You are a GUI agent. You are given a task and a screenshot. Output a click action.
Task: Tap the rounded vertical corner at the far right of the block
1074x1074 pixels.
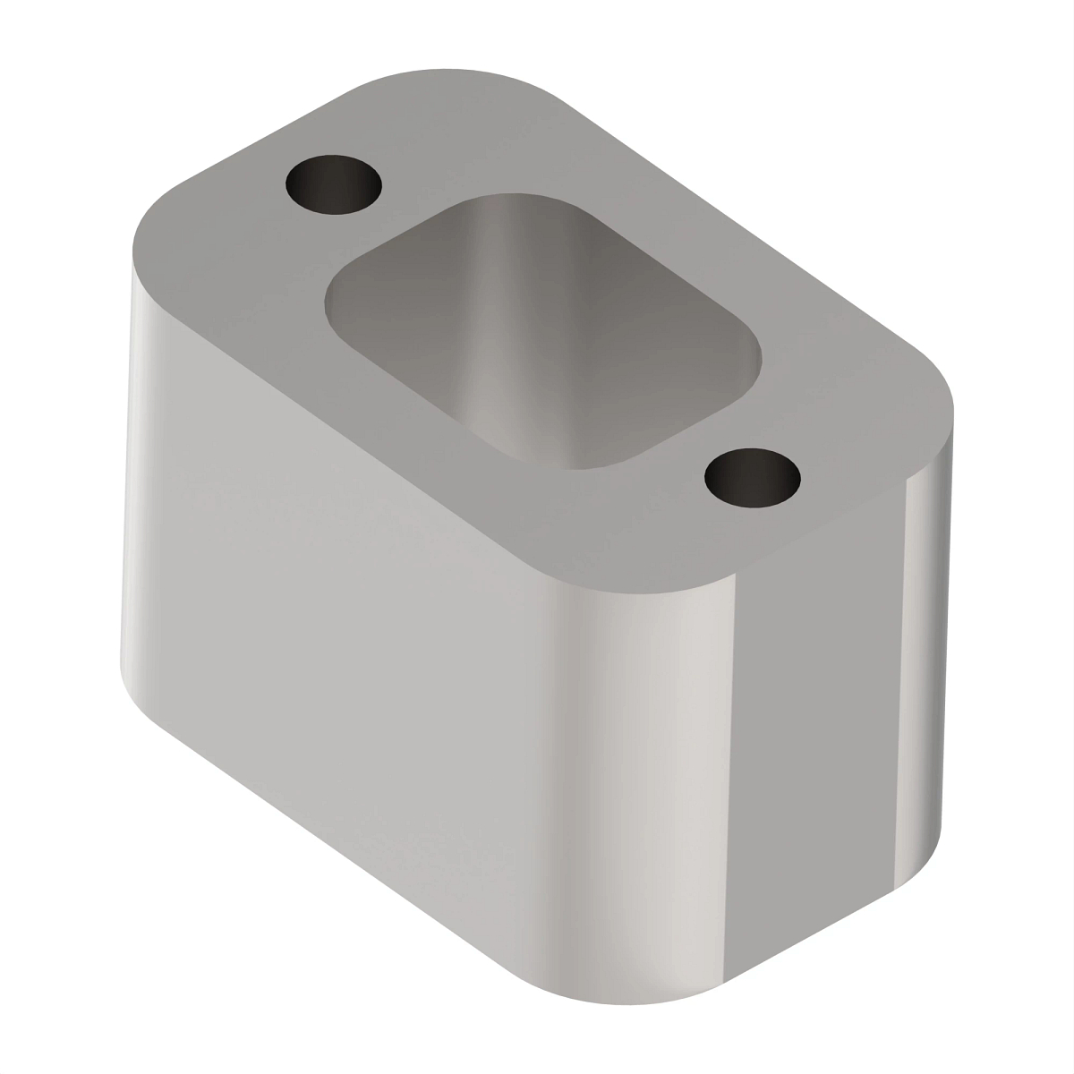click(940, 626)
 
